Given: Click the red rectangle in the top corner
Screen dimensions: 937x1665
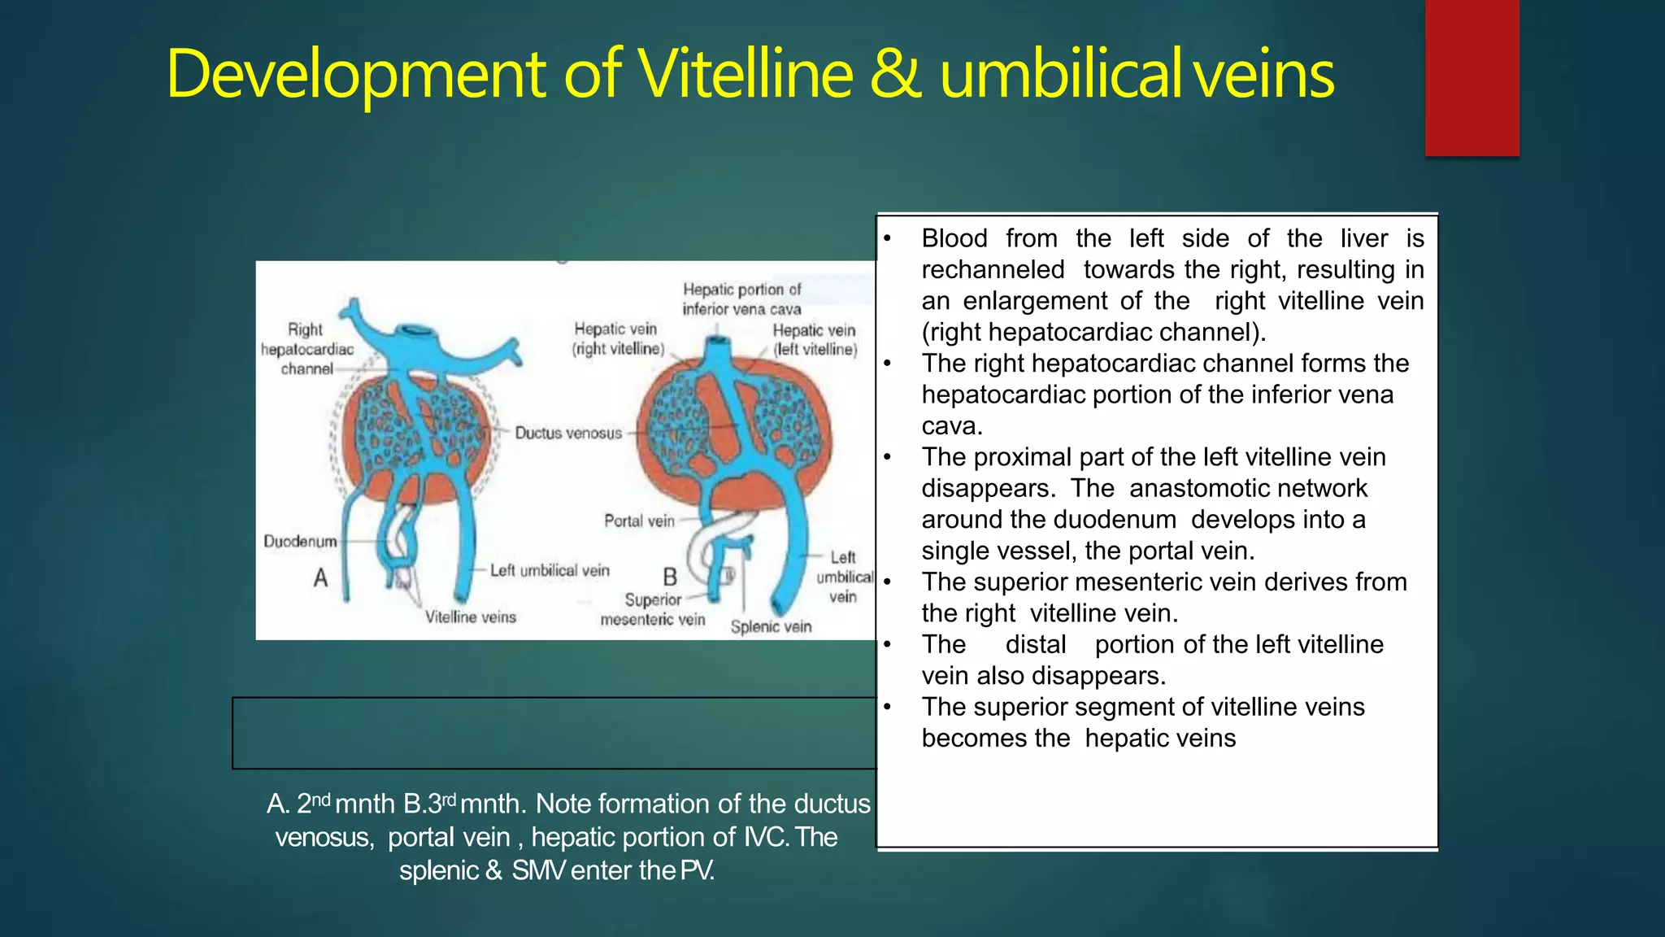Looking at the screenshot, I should point(1472,77).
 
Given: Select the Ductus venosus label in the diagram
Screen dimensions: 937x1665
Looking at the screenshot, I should point(568,433).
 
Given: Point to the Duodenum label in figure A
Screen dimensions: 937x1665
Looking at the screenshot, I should point(300,542).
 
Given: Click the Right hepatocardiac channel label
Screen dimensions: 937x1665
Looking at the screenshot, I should point(307,349).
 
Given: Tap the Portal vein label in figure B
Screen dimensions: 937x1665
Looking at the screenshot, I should point(639,521).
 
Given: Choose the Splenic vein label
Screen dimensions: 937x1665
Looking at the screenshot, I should point(771,626).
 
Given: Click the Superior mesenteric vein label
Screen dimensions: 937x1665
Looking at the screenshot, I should point(653,609).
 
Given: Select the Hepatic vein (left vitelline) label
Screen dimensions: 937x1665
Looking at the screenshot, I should point(815,340).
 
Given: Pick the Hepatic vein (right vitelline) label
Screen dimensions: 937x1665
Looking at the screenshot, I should point(617,338).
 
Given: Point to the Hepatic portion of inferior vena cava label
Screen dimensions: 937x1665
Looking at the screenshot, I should point(741,299).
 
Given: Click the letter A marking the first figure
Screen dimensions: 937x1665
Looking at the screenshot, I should point(321,578).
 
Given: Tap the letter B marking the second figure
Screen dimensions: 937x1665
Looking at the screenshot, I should point(670,577).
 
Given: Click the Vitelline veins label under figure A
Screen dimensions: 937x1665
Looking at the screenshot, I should point(470,617).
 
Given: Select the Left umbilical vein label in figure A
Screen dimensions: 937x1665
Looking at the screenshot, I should point(550,570).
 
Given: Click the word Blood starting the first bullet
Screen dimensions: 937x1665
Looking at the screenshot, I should point(954,238).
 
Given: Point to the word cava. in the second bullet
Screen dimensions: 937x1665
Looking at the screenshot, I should point(952,425).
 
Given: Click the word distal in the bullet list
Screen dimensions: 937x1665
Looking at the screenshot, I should point(1035,644).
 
